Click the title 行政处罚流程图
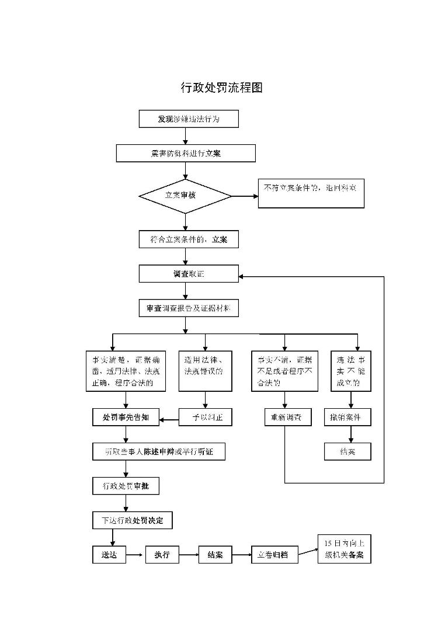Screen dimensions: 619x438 [221, 88]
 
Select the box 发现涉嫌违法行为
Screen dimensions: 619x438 [189, 119]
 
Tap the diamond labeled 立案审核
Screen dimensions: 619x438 [186, 196]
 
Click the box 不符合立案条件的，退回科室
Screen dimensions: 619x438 [311, 193]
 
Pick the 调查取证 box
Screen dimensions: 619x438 [189, 273]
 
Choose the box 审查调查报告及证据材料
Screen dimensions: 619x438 [189, 308]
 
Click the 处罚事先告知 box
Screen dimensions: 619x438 [126, 417]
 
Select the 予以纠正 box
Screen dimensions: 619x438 [205, 418]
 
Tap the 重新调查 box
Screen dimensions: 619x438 [285, 418]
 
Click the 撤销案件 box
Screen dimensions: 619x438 [347, 418]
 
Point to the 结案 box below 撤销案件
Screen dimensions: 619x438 [347, 451]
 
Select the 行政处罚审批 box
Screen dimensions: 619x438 [126, 485]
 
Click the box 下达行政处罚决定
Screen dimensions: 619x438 [133, 520]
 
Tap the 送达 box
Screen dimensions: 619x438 [109, 555]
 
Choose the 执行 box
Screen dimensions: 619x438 [162, 555]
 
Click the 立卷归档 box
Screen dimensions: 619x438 [274, 555]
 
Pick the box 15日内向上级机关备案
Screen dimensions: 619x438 [344, 550]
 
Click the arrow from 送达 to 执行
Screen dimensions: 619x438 [135, 555]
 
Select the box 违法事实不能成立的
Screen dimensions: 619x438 [352, 371]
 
